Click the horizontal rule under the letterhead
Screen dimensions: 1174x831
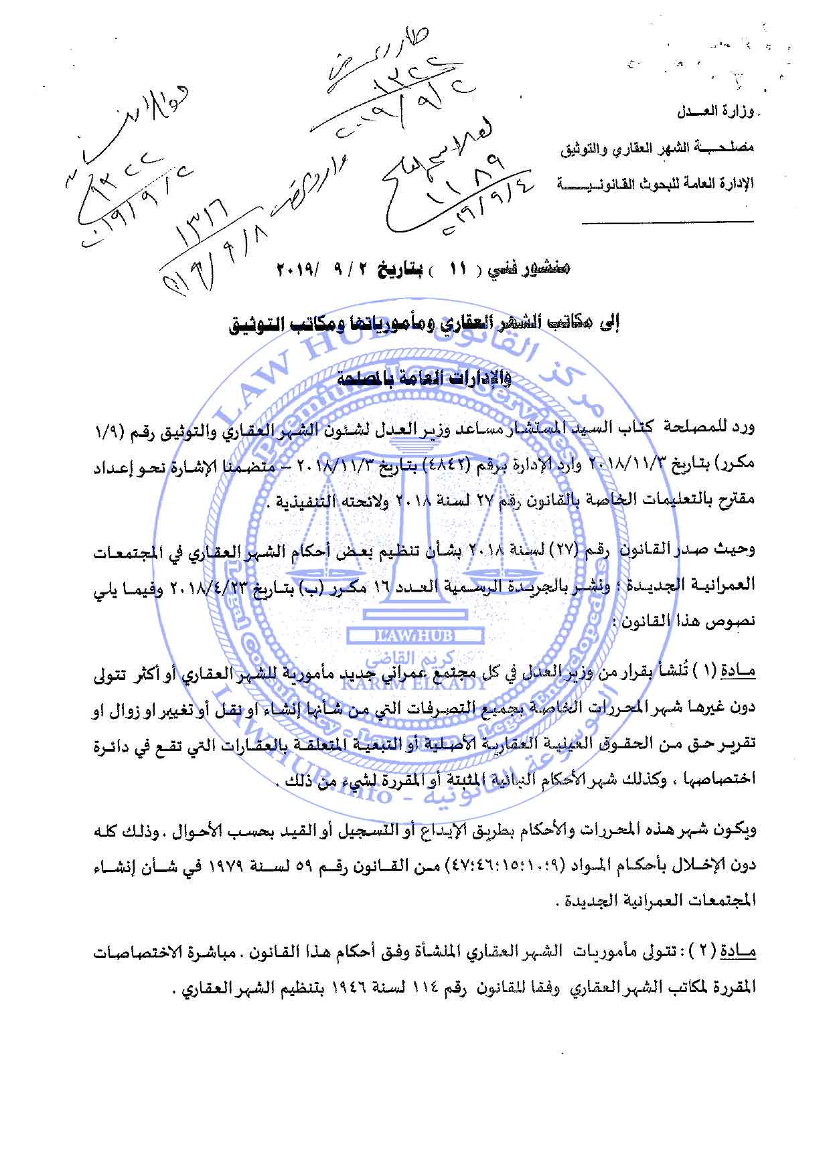point(666,222)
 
